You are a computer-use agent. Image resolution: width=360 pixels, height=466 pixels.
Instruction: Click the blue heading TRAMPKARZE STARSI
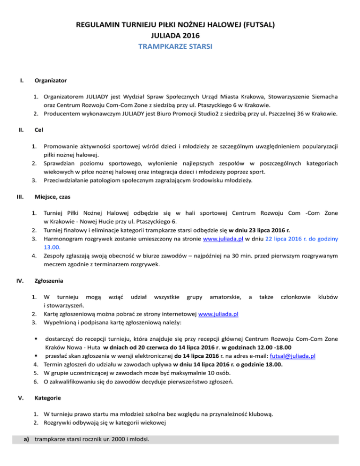tap(180, 46)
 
